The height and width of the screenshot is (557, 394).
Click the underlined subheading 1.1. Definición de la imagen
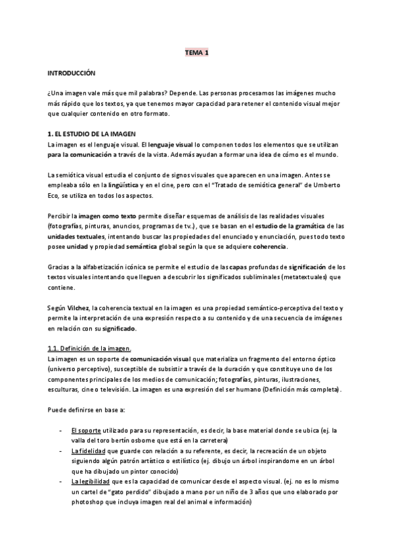coord(89,349)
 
